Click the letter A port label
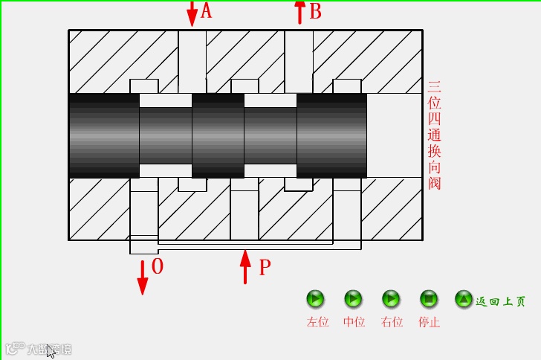point(207,11)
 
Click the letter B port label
point(315,12)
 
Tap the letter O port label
point(157,266)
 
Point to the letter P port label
point(265,268)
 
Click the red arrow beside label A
point(192,13)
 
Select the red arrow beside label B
point(299,12)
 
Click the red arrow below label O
point(142,276)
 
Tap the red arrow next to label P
point(245,268)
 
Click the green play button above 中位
point(353,299)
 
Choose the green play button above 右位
point(391,299)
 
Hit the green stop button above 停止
point(428,299)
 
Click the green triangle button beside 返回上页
point(464,299)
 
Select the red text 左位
point(317,322)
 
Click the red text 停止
point(429,322)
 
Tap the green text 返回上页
point(500,301)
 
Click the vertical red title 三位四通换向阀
point(435,135)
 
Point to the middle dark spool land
point(218,135)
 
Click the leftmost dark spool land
point(103,135)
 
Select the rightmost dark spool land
point(331,135)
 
